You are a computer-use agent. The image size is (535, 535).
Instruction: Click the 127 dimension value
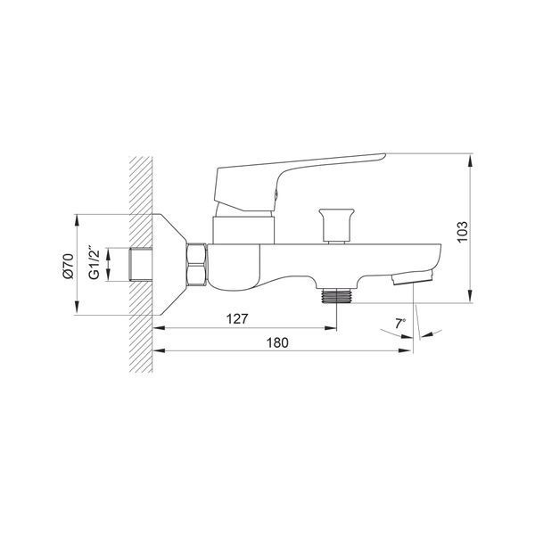(237, 319)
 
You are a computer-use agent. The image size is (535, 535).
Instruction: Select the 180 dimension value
(277, 342)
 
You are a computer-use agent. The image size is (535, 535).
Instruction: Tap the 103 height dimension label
(462, 232)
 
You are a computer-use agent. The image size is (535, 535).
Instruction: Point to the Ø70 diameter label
(69, 266)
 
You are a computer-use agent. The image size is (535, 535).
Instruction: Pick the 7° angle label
(400, 323)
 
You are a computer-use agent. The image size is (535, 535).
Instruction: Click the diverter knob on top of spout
(336, 226)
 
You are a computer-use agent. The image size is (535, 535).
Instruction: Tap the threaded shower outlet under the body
(337, 295)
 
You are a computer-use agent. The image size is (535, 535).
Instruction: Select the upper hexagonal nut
(197, 254)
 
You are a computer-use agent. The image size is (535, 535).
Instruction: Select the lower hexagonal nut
(197, 276)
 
